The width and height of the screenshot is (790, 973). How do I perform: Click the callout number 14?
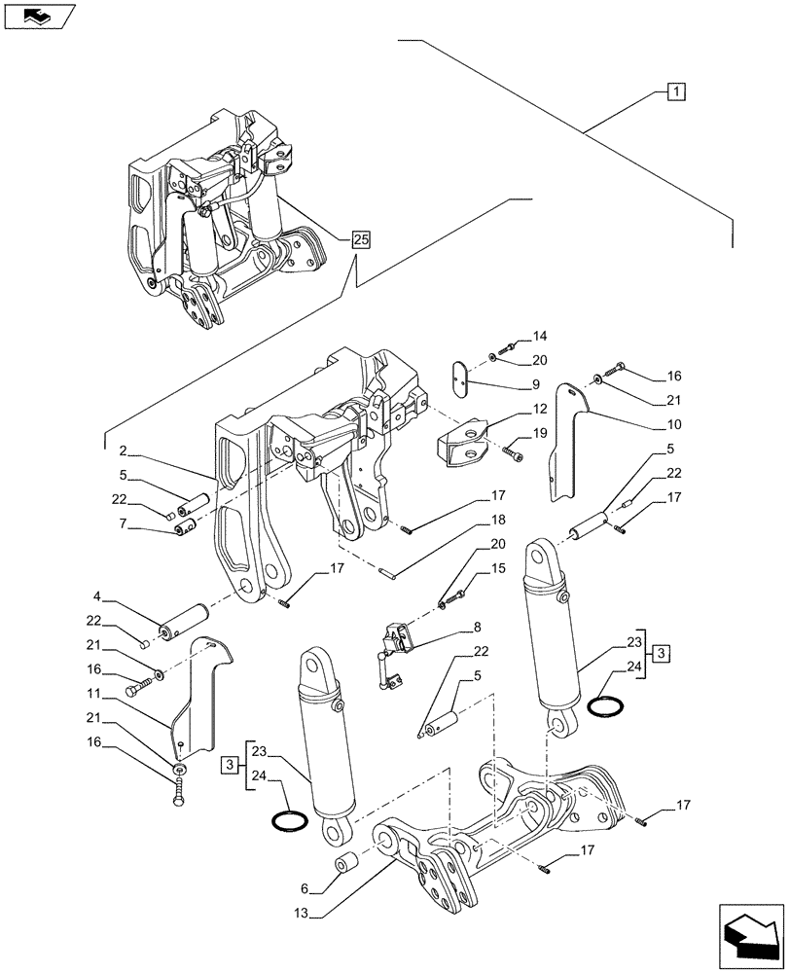540,337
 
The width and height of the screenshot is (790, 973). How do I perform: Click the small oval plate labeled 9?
463,377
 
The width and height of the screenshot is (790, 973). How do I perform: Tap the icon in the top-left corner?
39,17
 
